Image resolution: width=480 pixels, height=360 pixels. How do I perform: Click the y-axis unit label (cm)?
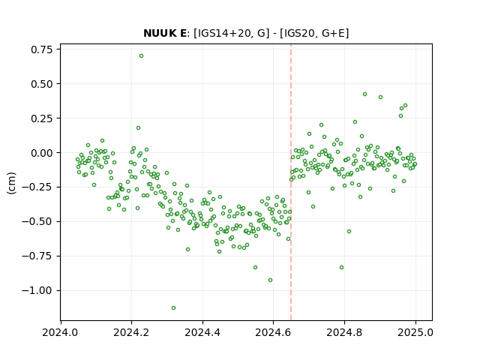11,183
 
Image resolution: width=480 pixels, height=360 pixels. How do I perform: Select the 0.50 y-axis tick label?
41,84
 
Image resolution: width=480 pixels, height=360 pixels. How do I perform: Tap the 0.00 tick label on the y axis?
41,153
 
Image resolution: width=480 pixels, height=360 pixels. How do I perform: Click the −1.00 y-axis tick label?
37,290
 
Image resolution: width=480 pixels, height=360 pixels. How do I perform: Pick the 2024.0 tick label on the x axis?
61,332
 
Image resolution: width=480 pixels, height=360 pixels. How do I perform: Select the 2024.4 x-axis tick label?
202,332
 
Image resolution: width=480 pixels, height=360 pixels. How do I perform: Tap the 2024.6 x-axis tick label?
273,332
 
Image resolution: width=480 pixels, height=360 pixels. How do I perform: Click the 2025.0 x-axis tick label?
415,332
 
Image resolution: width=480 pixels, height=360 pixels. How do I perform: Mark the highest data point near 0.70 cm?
141,56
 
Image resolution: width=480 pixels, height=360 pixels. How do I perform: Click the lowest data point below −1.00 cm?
173,308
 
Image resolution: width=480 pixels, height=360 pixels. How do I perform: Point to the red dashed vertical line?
291,182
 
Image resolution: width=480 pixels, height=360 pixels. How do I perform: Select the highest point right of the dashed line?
364,94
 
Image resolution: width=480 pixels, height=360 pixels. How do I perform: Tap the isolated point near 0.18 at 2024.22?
138,128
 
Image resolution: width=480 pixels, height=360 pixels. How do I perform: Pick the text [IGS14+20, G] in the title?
232,33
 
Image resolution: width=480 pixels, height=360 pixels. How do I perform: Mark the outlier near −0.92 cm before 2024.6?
270,280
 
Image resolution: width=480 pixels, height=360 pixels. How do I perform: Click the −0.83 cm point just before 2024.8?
342,268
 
